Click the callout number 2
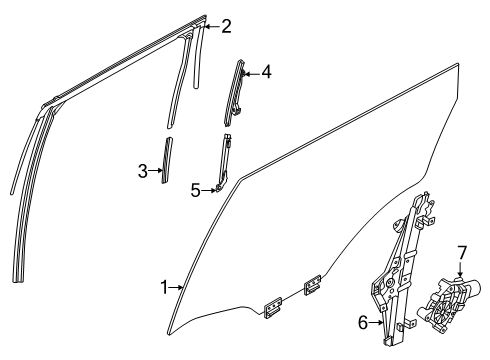pos(227,26)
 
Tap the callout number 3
pos(144,171)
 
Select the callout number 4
pos(267,72)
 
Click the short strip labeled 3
pos(166,160)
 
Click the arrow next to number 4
pos(250,72)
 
